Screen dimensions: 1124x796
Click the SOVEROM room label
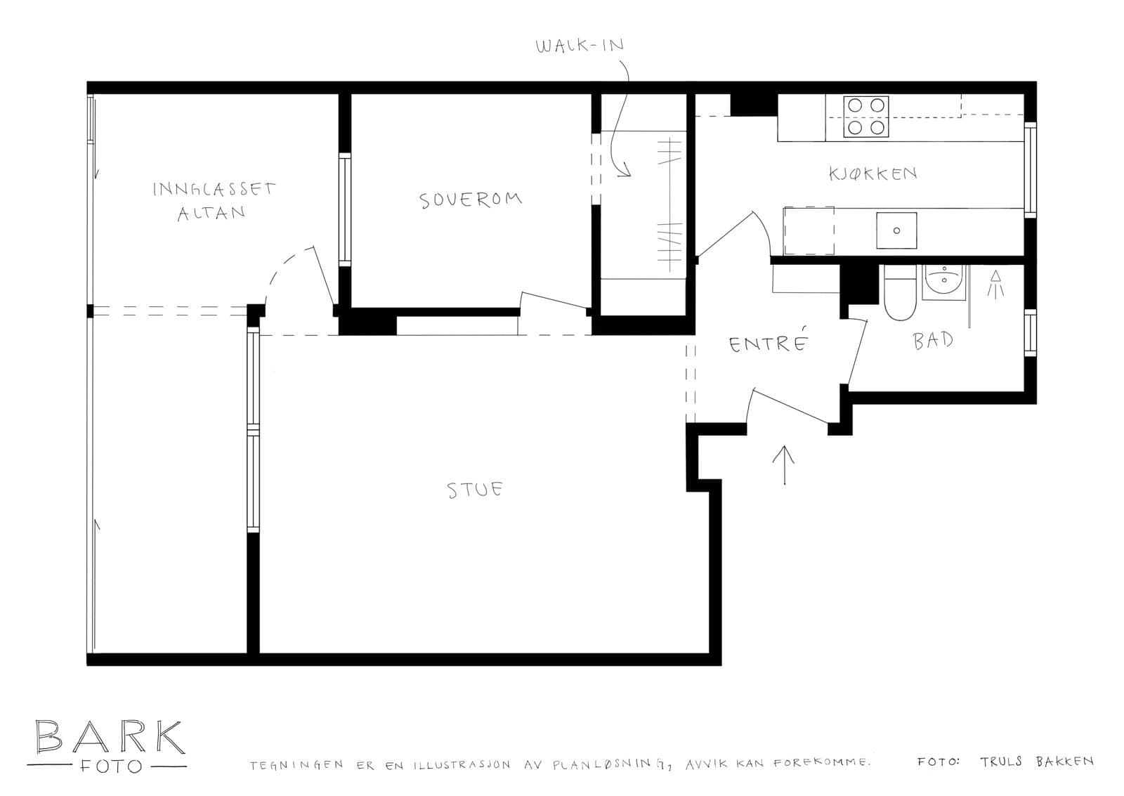[471, 200]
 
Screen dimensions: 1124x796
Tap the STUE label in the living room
[475, 490]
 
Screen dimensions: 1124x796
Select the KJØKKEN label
[873, 174]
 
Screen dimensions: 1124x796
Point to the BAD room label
[933, 340]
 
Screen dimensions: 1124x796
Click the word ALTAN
[211, 214]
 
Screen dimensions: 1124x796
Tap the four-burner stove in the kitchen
[866, 117]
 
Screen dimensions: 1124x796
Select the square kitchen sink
[896, 230]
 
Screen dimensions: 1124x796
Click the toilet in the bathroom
[901, 293]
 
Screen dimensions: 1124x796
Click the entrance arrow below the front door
[784, 465]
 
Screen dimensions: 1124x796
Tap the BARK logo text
[110, 737]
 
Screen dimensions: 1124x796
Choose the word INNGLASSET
[214, 189]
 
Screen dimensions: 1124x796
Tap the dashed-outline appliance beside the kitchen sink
[809, 231]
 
